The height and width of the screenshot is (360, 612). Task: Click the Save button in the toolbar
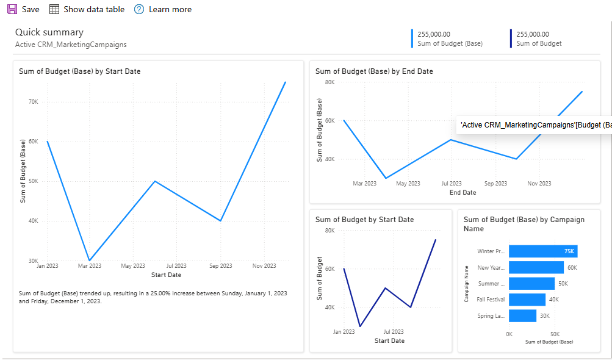point(23,9)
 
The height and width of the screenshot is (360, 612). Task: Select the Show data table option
point(87,9)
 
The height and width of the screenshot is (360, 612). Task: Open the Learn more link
point(163,9)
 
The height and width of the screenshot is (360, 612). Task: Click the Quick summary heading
point(49,32)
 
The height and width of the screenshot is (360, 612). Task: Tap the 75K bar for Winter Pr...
point(542,251)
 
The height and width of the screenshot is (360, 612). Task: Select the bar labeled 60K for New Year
point(536,267)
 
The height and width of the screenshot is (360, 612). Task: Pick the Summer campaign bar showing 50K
point(531,284)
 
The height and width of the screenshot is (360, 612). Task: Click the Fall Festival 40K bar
point(527,300)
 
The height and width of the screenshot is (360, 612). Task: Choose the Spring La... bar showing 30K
point(522,315)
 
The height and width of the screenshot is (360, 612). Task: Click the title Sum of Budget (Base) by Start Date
point(79,71)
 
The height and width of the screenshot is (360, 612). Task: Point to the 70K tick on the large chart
point(34,102)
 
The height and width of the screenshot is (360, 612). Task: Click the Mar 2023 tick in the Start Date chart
point(90,266)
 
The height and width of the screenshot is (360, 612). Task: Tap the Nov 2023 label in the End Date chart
point(539,184)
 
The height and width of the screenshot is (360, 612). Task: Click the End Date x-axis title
point(463,193)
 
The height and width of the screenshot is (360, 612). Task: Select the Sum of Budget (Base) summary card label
point(449,43)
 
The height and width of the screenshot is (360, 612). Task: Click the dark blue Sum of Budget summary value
point(533,34)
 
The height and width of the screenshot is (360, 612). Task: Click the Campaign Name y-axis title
point(467,284)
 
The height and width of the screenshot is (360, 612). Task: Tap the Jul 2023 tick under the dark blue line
point(394,332)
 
